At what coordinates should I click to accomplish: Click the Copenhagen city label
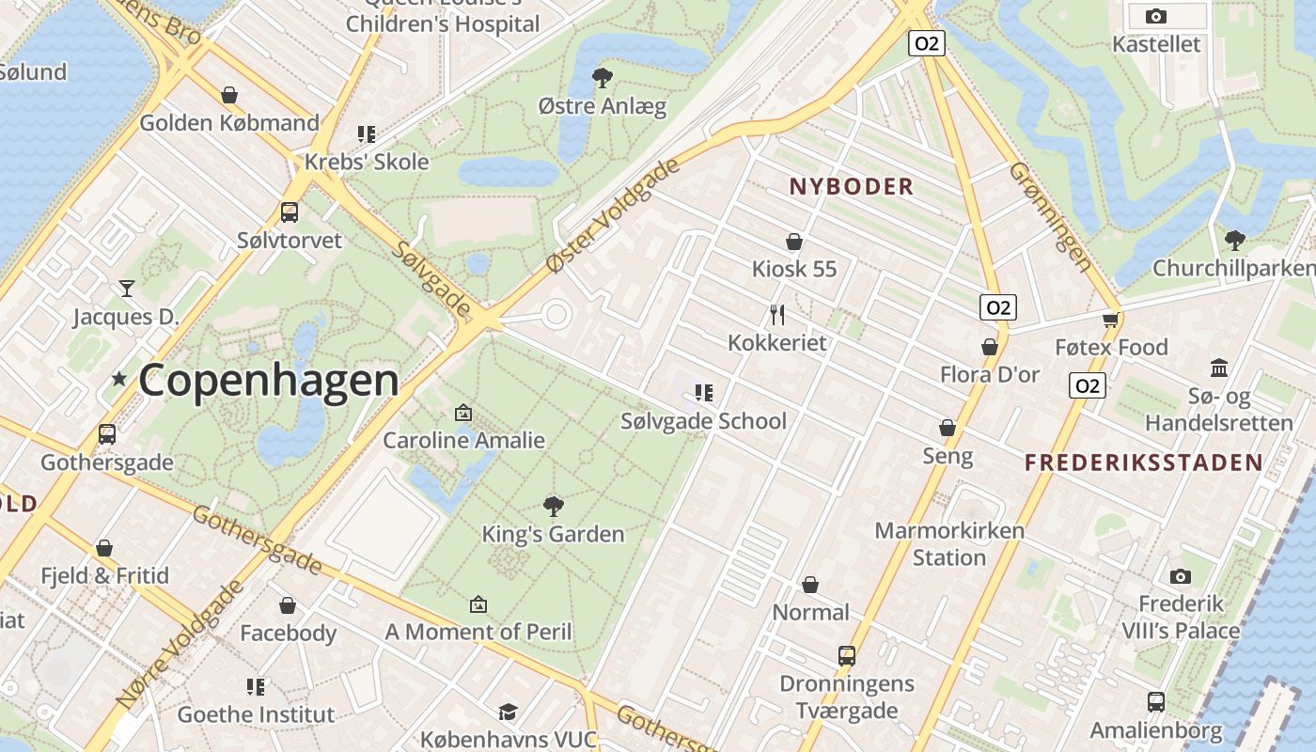269,380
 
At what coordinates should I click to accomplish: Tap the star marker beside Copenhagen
119,379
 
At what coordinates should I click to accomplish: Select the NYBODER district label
852,186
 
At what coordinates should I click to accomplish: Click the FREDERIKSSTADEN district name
1143,462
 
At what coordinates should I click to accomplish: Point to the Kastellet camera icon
1156,16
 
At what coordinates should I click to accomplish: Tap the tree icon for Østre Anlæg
602,78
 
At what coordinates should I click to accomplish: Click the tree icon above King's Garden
554,506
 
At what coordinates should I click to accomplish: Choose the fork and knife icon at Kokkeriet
776,314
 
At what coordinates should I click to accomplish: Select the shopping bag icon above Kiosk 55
794,242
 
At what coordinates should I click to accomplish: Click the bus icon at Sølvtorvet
290,212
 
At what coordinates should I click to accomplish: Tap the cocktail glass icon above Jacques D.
126,289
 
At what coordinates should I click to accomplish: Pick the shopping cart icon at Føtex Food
1111,320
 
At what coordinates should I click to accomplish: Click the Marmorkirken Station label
949,543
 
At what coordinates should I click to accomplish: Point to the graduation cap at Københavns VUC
508,712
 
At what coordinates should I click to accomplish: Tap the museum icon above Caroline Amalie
462,412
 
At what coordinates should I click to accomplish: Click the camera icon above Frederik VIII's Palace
1181,575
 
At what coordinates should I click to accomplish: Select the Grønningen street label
1052,216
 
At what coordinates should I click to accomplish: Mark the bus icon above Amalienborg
1156,701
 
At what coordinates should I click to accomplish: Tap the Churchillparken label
1233,268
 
